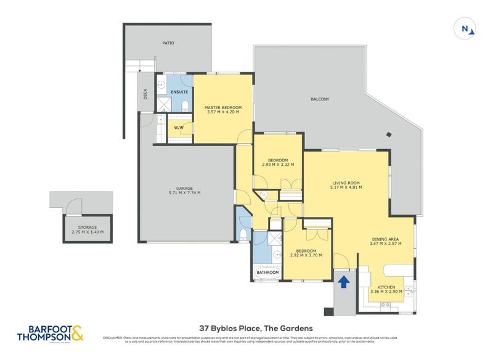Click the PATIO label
click(168, 43)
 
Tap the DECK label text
click(145, 94)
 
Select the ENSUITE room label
click(179, 92)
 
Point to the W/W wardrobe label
click(179, 128)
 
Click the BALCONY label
click(319, 99)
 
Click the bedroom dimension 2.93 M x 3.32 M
click(277, 165)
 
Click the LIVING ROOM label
click(346, 182)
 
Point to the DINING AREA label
click(386, 239)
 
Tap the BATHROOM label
click(267, 272)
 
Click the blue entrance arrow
click(343, 282)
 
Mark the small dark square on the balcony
click(388, 134)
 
